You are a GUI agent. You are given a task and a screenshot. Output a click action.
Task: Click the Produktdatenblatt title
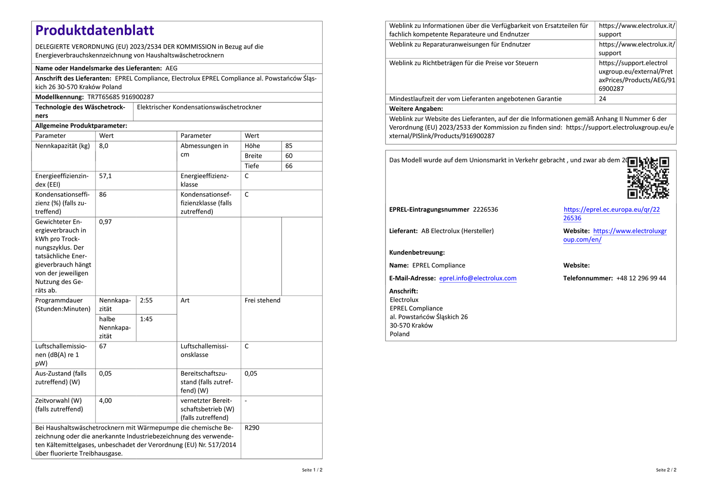pos(95,30)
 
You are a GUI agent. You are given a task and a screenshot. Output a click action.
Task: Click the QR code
pos(648,178)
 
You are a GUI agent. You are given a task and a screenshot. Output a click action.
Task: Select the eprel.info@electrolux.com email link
pos(477,278)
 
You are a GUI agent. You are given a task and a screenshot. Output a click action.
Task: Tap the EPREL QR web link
pos(611,214)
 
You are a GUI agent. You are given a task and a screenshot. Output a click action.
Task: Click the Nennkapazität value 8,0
pos(104,146)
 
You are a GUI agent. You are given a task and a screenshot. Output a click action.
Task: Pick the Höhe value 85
pos(289,146)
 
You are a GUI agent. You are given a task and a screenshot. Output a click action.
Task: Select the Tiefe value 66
pos(289,166)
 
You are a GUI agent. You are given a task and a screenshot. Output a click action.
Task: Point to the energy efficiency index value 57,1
pos(105,176)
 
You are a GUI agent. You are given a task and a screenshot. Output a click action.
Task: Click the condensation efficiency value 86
pos(103,194)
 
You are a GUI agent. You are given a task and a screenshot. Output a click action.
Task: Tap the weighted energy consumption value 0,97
pos(105,222)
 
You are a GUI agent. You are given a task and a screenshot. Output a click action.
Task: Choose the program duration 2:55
pos(146,300)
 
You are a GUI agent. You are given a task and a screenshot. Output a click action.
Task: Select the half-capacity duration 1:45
pos(146,319)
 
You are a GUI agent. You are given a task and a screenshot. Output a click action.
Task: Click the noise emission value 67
pos(103,346)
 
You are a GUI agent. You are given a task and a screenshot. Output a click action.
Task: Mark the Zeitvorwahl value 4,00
pos(105,401)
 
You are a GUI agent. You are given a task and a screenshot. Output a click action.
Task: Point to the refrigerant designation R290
pos(252,428)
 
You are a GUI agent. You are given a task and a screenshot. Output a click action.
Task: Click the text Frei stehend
pos(262,300)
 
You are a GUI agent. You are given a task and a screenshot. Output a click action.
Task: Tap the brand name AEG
pos(171,68)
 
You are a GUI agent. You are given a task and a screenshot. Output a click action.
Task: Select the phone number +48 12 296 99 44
pos(641,278)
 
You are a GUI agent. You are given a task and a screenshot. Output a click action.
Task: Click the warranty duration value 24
pos(602,99)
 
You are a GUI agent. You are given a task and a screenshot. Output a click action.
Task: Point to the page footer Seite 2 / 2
pos(666,470)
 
